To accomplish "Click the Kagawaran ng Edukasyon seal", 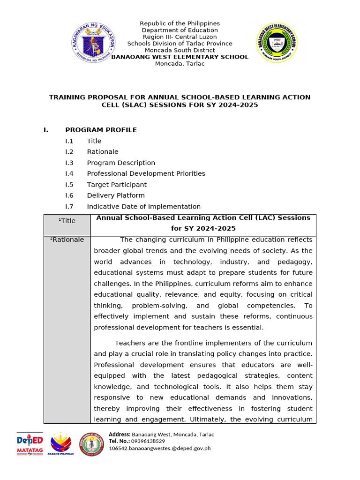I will click(94, 43).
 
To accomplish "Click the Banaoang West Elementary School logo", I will click(275, 43).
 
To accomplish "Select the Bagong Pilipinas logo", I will click(61, 444).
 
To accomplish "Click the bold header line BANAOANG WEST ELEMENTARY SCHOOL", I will click(180, 57).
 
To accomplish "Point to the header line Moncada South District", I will click(180, 50).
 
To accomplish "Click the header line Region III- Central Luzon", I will click(180, 37).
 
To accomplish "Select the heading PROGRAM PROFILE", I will click(101, 130).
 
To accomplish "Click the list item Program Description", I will click(121, 163).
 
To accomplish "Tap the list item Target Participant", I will click(117, 185).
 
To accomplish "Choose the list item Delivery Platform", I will click(116, 195).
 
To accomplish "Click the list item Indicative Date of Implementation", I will click(143, 206).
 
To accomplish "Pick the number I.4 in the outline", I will click(69, 173).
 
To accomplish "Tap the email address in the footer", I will click(159, 448).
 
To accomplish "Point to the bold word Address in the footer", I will click(119, 435).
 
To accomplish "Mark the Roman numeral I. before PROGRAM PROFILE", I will click(46, 130).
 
